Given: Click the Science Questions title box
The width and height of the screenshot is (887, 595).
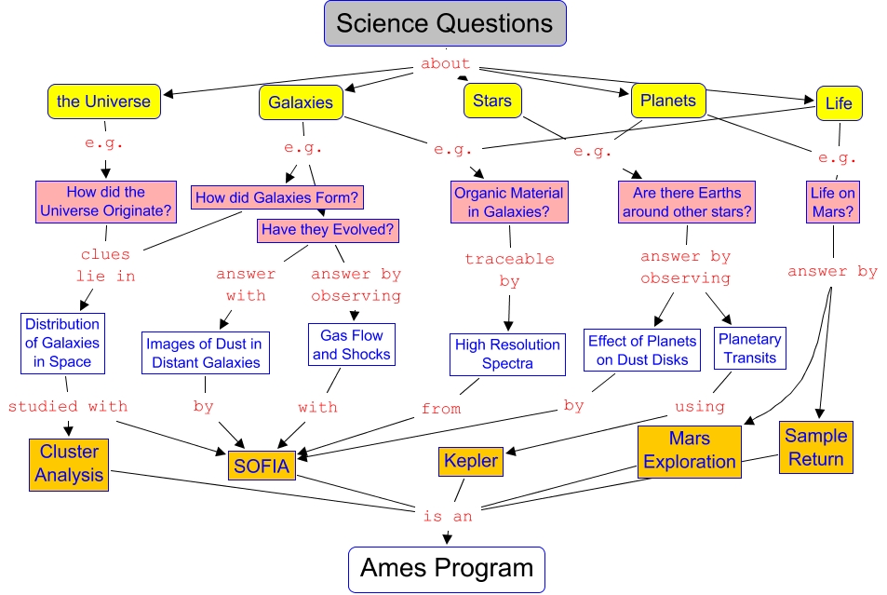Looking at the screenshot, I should (445, 23).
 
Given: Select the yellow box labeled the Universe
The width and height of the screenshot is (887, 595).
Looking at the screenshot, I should (104, 101).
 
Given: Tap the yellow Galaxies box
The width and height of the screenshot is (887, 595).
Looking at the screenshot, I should (300, 102).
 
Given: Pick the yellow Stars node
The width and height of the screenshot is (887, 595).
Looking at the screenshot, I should (491, 101).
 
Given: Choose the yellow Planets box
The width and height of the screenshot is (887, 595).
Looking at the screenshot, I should (667, 101).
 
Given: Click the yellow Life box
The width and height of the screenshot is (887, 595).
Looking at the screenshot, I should (838, 103).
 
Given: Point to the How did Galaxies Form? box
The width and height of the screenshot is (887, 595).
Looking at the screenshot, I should (277, 197).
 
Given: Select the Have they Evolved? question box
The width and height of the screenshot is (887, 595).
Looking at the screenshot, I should (328, 228).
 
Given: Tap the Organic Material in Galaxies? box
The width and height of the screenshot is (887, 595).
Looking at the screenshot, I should (508, 202).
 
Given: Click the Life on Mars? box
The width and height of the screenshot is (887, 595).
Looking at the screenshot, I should (832, 202).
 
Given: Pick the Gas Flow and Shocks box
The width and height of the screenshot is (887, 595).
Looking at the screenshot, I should (351, 345).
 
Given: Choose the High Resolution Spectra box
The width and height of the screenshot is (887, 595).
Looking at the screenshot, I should (507, 354).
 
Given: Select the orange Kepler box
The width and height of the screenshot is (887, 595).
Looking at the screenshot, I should (471, 460).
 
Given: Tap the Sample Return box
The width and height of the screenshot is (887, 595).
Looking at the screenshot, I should (815, 447).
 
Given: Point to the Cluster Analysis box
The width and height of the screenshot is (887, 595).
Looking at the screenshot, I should (70, 463).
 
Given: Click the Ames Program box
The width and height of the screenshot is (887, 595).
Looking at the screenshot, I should (446, 568).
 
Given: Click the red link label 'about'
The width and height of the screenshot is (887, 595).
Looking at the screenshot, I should (445, 64).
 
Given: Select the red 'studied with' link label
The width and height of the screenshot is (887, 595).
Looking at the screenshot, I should (67, 406).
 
